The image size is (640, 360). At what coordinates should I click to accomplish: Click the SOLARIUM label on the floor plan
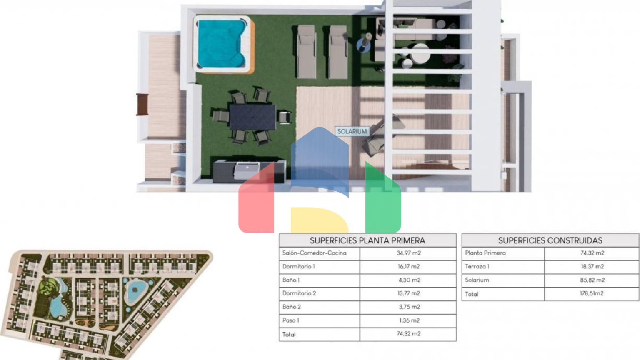pos(352,131)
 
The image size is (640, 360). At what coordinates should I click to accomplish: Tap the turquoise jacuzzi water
pos(221,43)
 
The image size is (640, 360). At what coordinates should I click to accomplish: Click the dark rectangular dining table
pos(252,117)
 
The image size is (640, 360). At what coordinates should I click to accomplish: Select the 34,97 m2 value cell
pos(409,253)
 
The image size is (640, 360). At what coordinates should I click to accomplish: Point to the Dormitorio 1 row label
pos(299,266)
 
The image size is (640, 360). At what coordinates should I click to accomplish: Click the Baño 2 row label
pos(291,307)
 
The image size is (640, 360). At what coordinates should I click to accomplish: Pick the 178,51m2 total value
pos(592,293)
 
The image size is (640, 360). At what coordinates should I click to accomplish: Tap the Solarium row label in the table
pos(477,280)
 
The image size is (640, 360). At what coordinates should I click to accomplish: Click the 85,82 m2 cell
pos(592,280)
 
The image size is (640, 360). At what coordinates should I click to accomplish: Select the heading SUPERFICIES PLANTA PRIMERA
pos(367,240)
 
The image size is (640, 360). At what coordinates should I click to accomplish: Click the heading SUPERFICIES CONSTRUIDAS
pos(550,240)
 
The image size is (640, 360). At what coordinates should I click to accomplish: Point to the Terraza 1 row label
pos(477,266)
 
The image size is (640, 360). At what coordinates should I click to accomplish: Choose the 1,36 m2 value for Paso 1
pos(410,320)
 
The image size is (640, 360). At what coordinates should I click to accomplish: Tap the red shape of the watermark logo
pos(256,200)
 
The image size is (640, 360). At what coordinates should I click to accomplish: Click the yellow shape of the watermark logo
pos(320,220)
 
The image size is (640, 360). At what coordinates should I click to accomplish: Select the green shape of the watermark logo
pos(383,200)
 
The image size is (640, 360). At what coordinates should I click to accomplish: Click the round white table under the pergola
pos(420,53)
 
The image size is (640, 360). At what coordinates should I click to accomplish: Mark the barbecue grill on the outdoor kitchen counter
pos(247,170)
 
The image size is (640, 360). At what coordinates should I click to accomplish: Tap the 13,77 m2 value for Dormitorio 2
pos(409,293)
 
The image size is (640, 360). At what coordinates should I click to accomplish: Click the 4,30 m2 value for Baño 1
pos(410,280)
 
